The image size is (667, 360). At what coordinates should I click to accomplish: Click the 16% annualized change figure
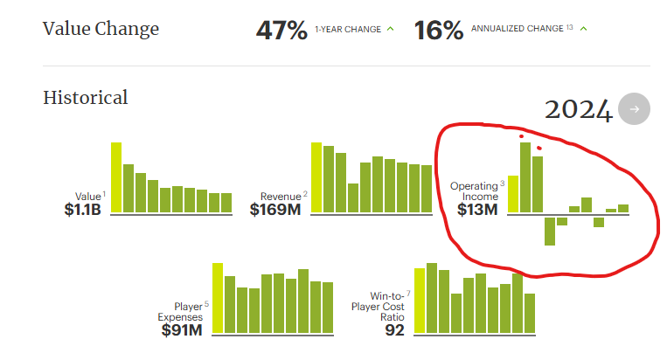[439, 30]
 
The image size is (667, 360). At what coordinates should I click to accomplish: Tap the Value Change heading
[101, 29]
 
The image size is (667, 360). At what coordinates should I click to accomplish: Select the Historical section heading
[86, 97]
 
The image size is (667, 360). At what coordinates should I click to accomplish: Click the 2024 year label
[578, 109]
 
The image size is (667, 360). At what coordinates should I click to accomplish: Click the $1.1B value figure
[85, 210]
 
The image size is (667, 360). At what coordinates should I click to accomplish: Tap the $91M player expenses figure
[183, 329]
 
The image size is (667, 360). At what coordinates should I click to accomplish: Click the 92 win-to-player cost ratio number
[394, 329]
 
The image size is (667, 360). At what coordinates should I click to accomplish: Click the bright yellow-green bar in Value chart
[116, 177]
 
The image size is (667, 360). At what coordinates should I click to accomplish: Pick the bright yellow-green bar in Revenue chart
[316, 177]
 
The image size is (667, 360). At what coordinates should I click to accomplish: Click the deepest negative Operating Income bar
[550, 230]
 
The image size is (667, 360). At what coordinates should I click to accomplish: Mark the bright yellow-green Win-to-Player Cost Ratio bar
[420, 301]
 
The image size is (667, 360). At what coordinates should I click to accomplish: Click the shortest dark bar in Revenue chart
[353, 197]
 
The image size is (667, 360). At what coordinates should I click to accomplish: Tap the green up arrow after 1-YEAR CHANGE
[390, 29]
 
